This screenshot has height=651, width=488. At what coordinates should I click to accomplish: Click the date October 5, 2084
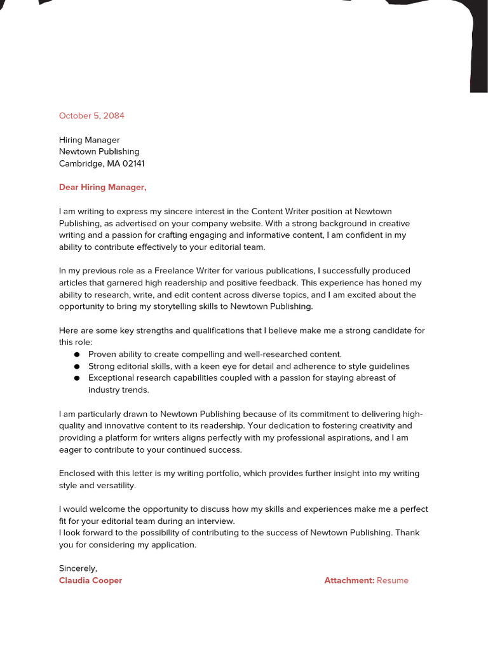[91, 116]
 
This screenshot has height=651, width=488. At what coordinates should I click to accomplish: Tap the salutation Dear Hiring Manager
[102, 187]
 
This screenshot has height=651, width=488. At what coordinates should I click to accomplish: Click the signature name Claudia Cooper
[90, 580]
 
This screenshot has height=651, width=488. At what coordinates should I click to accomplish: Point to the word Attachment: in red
[349, 580]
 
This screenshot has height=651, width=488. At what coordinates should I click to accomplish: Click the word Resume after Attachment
[393, 580]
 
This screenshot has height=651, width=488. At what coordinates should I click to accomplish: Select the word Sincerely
[78, 568]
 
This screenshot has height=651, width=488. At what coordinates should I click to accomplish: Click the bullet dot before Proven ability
[77, 355]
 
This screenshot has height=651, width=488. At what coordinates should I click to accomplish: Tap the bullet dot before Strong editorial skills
[77, 367]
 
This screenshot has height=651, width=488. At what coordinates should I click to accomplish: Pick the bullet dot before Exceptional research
[77, 378]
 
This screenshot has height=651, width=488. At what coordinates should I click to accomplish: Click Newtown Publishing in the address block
[99, 151]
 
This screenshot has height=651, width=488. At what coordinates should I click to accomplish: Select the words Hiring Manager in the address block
[89, 140]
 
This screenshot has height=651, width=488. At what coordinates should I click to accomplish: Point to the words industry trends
[118, 390]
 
